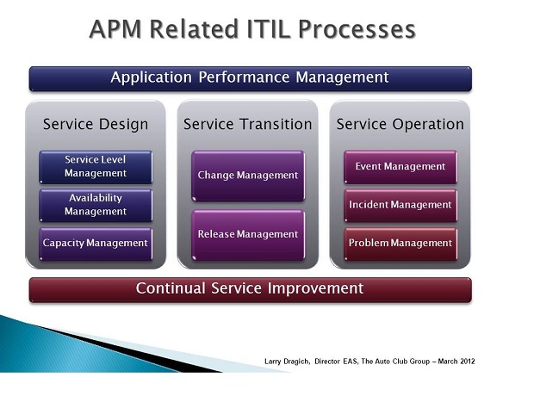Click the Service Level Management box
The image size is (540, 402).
(x=96, y=167)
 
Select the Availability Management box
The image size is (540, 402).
(x=96, y=205)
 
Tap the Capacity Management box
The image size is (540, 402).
(x=96, y=244)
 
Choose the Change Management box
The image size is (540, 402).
(x=248, y=176)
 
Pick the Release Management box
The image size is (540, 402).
(x=248, y=235)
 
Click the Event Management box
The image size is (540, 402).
(x=400, y=167)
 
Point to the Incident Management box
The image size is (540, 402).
(x=400, y=205)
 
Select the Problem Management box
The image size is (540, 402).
(x=400, y=244)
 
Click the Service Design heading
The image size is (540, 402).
(x=96, y=124)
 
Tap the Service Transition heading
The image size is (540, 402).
(x=248, y=124)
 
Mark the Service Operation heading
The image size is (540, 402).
(x=400, y=124)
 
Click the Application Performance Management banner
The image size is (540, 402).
(x=251, y=79)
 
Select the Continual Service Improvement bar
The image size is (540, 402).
(x=251, y=290)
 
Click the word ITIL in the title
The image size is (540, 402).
(x=267, y=29)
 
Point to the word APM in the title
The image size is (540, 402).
(x=115, y=29)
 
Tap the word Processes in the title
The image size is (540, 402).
(x=357, y=29)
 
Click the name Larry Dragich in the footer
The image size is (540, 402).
(x=287, y=362)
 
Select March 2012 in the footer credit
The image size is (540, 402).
(x=456, y=362)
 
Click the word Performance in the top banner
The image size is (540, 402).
(x=244, y=77)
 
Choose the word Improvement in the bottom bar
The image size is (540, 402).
(x=315, y=288)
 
